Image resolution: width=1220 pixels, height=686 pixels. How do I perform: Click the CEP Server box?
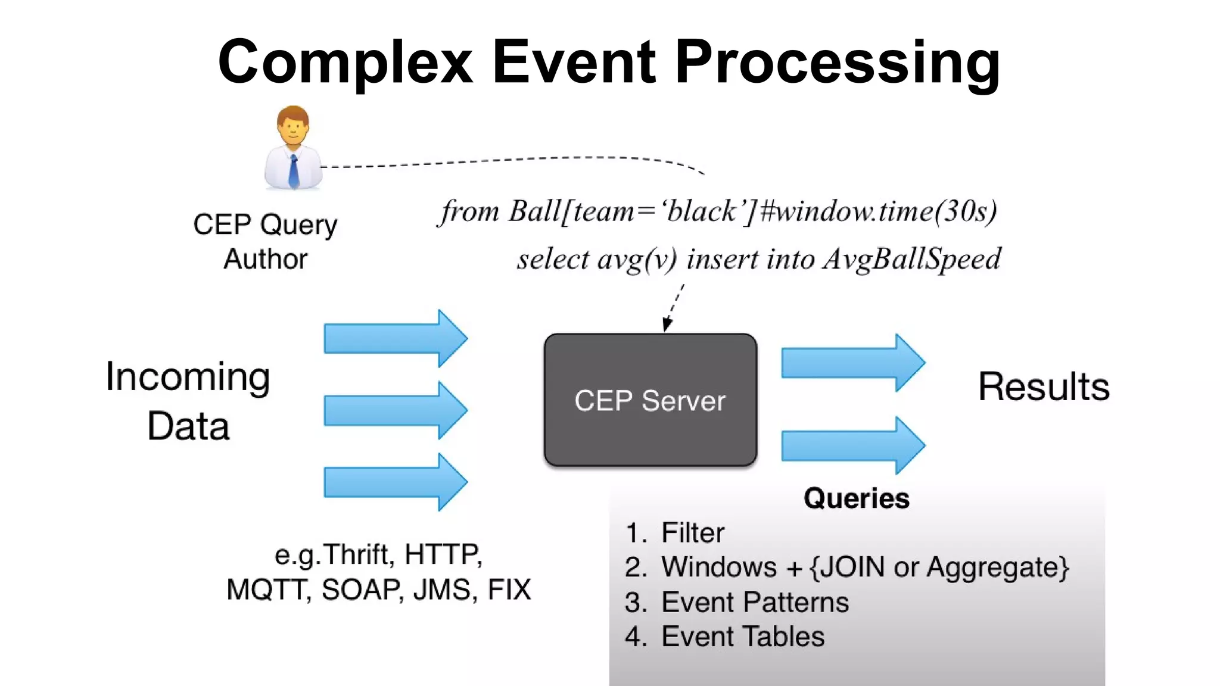pyautogui.click(x=650, y=400)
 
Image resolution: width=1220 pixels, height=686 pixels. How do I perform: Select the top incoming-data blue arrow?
pyautogui.click(x=395, y=338)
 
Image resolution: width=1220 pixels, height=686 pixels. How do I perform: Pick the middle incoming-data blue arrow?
pyautogui.click(x=395, y=410)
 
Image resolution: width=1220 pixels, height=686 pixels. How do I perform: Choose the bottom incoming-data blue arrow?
pyautogui.click(x=395, y=482)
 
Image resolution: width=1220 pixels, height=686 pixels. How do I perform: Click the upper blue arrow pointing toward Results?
pyautogui.click(x=852, y=363)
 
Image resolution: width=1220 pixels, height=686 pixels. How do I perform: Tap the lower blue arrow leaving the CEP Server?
pyautogui.click(x=852, y=445)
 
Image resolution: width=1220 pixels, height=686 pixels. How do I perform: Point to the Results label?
pyautogui.click(x=1044, y=386)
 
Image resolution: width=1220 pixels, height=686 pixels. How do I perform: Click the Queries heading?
pyautogui.click(x=856, y=498)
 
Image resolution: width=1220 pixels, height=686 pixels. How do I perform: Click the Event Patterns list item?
pyautogui.click(x=754, y=602)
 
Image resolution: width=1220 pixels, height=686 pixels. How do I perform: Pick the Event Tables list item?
pyautogui.click(x=742, y=637)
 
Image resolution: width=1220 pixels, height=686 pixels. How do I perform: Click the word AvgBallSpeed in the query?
pyautogui.click(x=911, y=259)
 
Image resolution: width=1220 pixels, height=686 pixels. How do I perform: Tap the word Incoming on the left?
pyautogui.click(x=188, y=377)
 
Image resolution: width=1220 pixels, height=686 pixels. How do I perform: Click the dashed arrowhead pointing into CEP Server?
pyautogui.click(x=667, y=325)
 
